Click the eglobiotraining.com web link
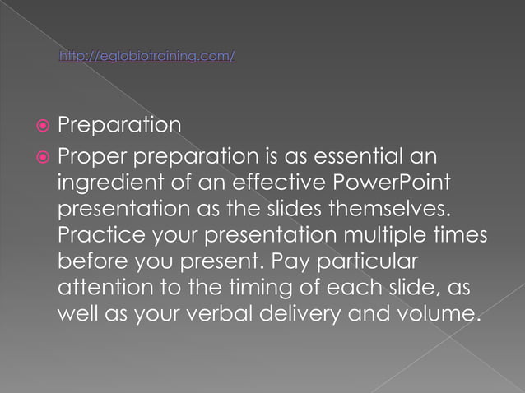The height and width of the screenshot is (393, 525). click(x=147, y=56)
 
